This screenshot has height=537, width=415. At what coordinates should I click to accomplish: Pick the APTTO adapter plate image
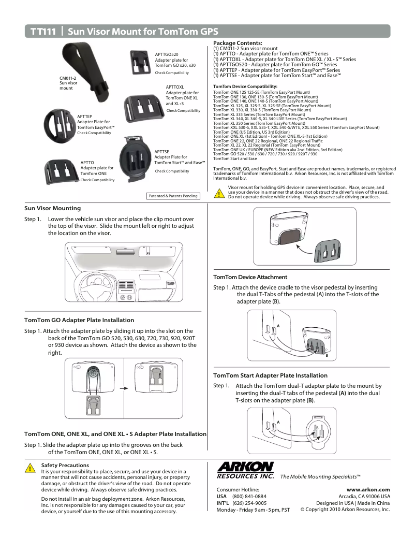tap(61, 170)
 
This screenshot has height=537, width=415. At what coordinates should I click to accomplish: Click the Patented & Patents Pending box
tap(173, 196)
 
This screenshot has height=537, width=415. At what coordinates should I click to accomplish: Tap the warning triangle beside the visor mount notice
tap(219, 194)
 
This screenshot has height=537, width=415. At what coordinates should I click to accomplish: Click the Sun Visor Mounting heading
tap(53, 208)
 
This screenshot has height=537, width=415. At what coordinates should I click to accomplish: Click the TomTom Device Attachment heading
tap(250, 277)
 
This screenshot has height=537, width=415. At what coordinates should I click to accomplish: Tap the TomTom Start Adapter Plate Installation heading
tap(270, 375)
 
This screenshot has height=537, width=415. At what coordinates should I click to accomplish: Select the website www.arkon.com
tap(368, 489)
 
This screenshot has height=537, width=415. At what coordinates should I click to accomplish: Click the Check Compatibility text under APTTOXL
tap(183, 111)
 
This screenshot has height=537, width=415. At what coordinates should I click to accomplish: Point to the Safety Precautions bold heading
tap(65, 465)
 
